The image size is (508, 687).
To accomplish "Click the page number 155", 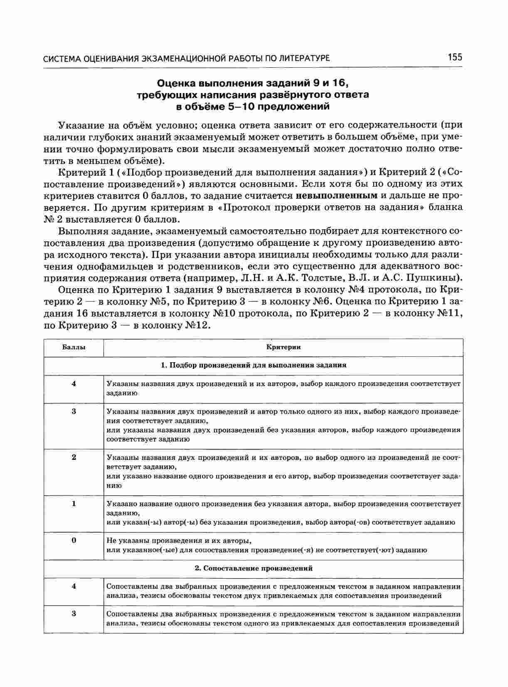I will point(455,57).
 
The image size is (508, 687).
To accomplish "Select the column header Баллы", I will point(74,347).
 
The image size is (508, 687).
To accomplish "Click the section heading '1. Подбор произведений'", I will point(253,366).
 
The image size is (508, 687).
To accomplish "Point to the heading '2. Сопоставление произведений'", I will point(253,568).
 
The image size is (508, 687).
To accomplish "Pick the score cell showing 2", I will point(74,457).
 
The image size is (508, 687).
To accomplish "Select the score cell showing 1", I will point(74,504).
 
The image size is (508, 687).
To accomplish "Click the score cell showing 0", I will point(74,540).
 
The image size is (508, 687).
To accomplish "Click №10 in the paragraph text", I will point(224,313).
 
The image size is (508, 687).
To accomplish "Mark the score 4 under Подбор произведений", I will point(74,384).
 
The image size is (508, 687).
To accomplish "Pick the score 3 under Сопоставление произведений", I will point(74,614).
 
